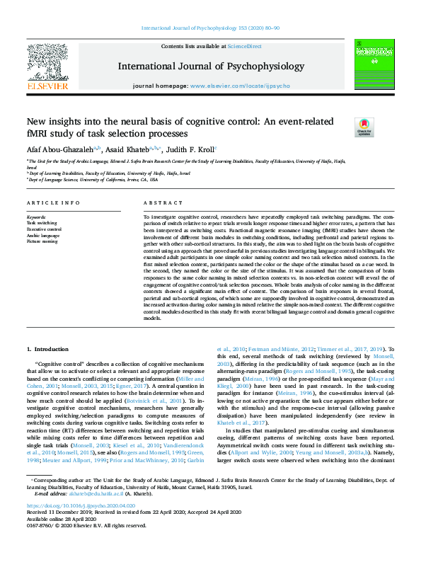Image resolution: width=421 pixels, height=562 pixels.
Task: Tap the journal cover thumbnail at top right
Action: click(x=373, y=64)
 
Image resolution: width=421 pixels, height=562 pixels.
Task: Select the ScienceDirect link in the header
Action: click(x=244, y=46)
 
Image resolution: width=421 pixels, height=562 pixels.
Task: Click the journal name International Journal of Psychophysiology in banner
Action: click(x=210, y=67)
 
